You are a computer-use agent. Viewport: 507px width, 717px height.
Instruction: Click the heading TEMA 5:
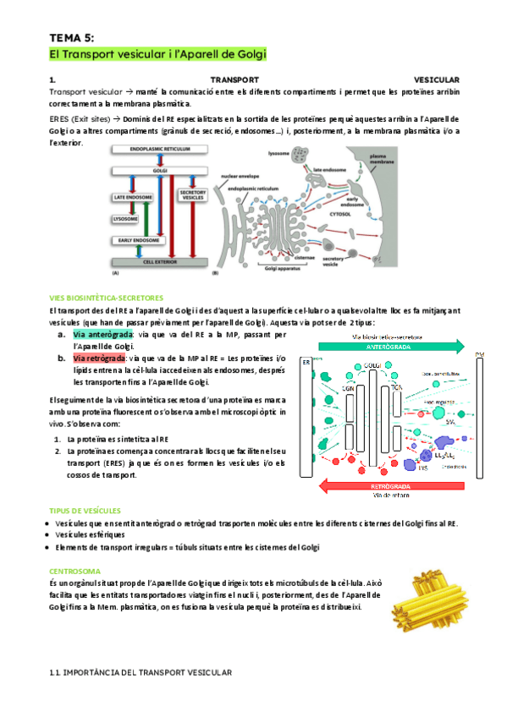click(73, 37)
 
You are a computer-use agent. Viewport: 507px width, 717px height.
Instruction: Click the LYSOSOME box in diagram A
click(130, 218)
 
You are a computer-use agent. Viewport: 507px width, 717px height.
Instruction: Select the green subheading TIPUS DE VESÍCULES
click(85, 511)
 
